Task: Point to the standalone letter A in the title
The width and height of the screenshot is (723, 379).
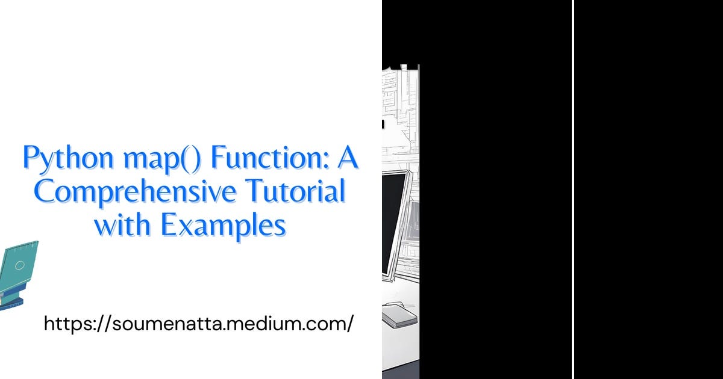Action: click(x=347, y=158)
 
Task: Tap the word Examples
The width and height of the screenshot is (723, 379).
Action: click(x=222, y=226)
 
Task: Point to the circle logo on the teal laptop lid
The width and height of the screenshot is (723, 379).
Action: click(x=20, y=265)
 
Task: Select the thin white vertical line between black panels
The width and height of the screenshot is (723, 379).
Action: click(x=573, y=189)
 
